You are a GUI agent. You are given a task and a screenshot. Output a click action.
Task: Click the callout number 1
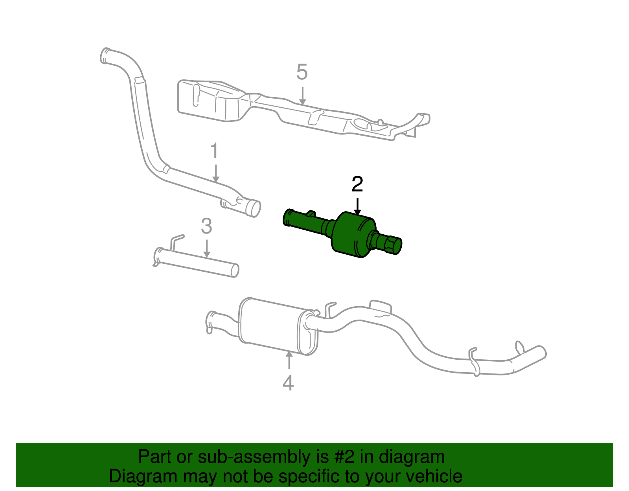pyautogui.click(x=214, y=151)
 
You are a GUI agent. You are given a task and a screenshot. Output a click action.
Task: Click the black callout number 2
pyautogui.click(x=357, y=184)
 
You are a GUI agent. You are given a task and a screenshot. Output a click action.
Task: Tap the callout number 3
pyautogui.click(x=206, y=227)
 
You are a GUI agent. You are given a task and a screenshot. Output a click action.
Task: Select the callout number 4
pyautogui.click(x=288, y=383)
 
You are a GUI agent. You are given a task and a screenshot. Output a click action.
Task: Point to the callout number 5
pyautogui.click(x=302, y=72)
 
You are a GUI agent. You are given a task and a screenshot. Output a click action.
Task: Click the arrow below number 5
pyautogui.click(x=302, y=96)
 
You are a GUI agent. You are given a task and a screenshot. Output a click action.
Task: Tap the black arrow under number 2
pyautogui.click(x=357, y=206)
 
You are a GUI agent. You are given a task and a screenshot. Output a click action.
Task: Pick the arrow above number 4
pyautogui.click(x=289, y=360)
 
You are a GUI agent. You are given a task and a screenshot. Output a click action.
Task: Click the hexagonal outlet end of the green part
pyautogui.click(x=393, y=245)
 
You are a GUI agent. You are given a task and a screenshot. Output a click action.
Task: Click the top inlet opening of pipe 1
pyautogui.click(x=105, y=55)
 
